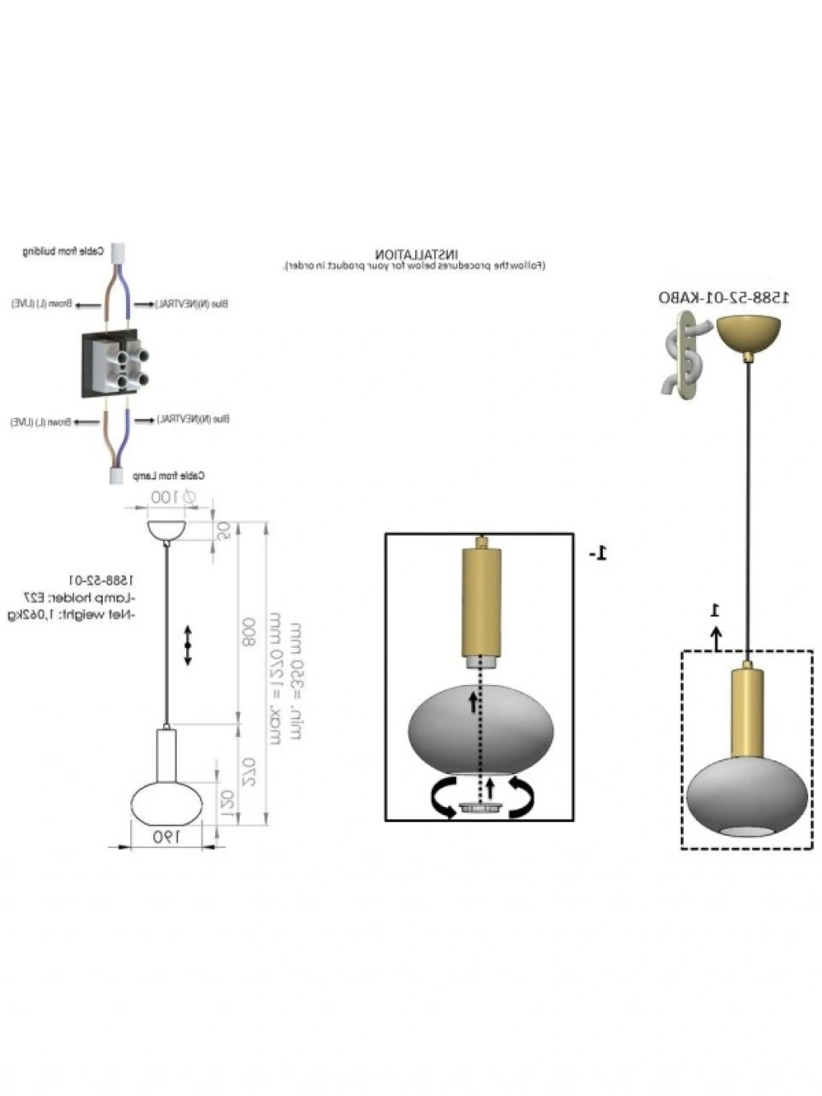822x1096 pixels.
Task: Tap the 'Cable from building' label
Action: pyautogui.click(x=63, y=251)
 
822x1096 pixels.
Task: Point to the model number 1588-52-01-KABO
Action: pyautogui.click(x=723, y=298)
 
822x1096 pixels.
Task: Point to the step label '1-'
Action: pyautogui.click(x=598, y=553)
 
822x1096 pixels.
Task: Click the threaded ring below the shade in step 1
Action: pyautogui.click(x=479, y=809)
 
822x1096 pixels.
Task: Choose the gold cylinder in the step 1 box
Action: pyautogui.click(x=480, y=601)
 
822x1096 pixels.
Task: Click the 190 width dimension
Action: pyautogui.click(x=165, y=836)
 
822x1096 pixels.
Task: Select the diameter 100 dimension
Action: pyautogui.click(x=167, y=498)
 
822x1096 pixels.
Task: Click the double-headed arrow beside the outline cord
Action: pyautogui.click(x=188, y=645)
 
